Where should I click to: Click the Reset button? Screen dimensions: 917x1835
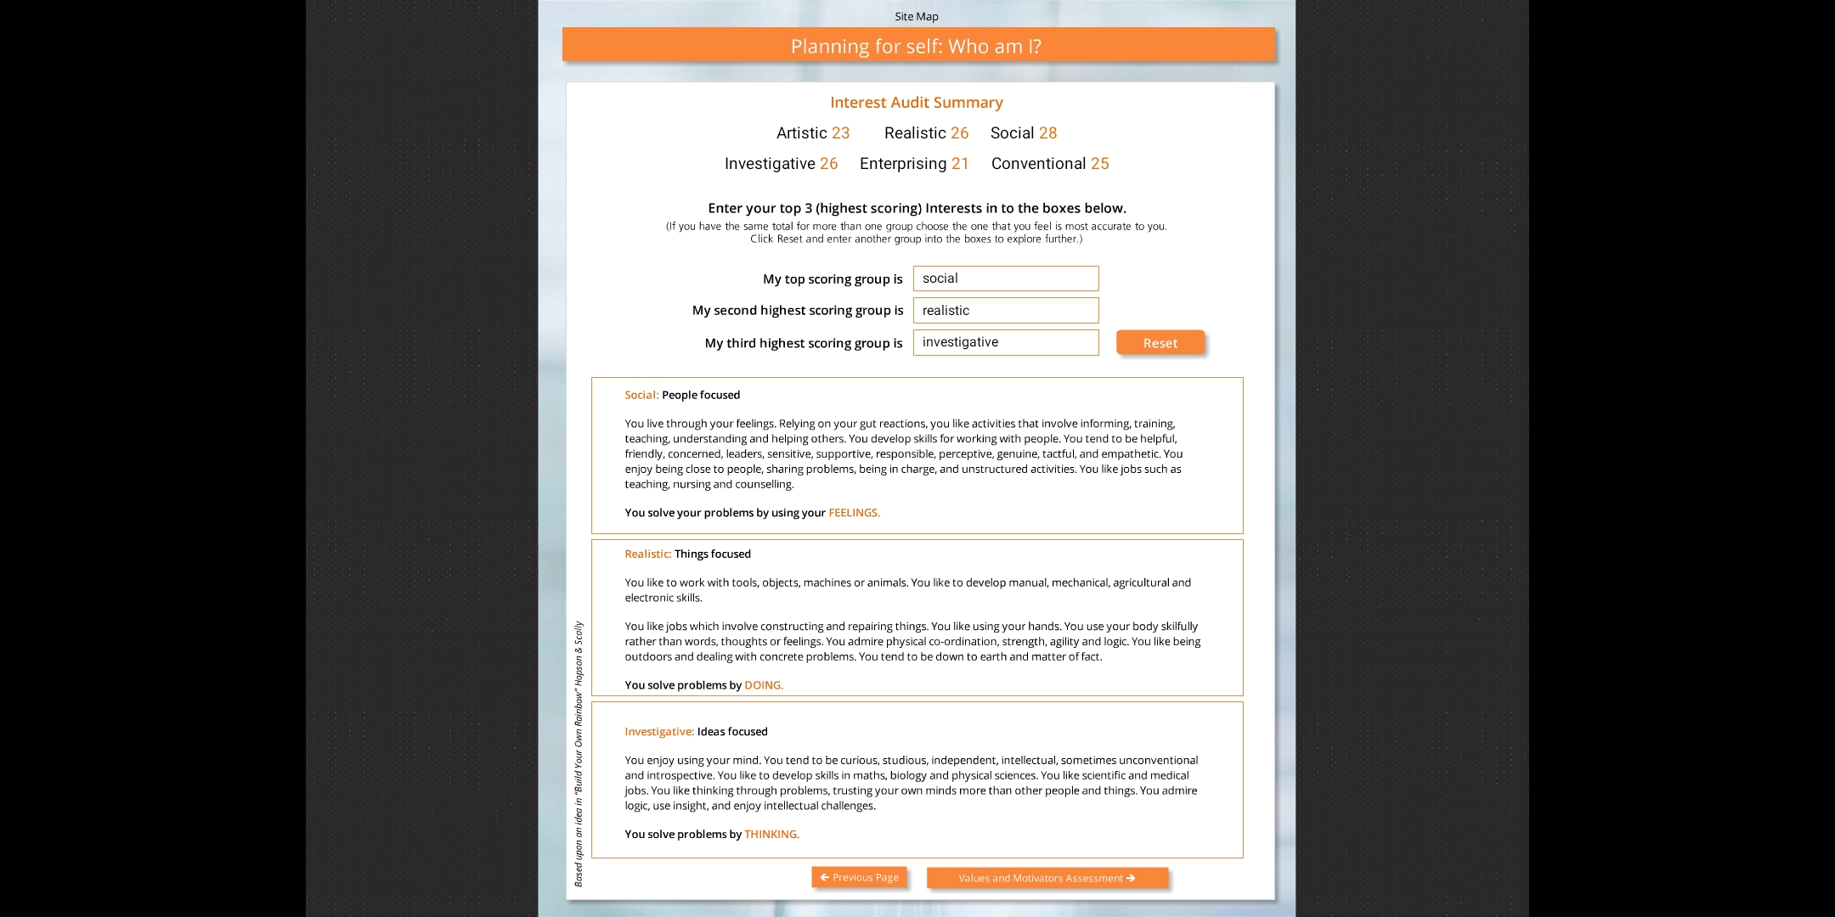tap(1160, 343)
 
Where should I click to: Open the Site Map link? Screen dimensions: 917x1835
tap(916, 16)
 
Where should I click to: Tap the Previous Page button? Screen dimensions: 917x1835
tap(859, 877)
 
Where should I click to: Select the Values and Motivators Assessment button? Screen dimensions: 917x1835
tap(1047, 878)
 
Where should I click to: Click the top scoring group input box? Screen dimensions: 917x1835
tap(1005, 278)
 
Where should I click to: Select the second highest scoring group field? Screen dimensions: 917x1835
tap(1005, 311)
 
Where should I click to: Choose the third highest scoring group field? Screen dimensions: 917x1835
tap(1005, 342)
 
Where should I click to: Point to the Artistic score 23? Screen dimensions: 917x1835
tap(840, 133)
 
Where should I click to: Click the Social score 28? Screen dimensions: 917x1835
tap(1047, 133)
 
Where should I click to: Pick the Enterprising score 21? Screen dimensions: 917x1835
tap(960, 164)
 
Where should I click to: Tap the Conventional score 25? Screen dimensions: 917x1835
tap(1099, 164)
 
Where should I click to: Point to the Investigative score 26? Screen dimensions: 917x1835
tap(828, 164)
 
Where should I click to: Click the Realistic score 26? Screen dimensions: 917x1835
tap(959, 133)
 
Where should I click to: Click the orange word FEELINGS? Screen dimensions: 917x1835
tap(854, 513)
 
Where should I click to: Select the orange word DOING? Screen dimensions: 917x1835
tap(763, 685)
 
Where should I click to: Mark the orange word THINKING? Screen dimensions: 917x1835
tap(771, 835)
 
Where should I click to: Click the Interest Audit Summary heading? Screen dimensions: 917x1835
tap(916, 103)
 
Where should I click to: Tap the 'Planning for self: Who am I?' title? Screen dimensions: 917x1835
tap(916, 47)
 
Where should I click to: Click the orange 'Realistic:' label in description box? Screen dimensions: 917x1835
tap(647, 554)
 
